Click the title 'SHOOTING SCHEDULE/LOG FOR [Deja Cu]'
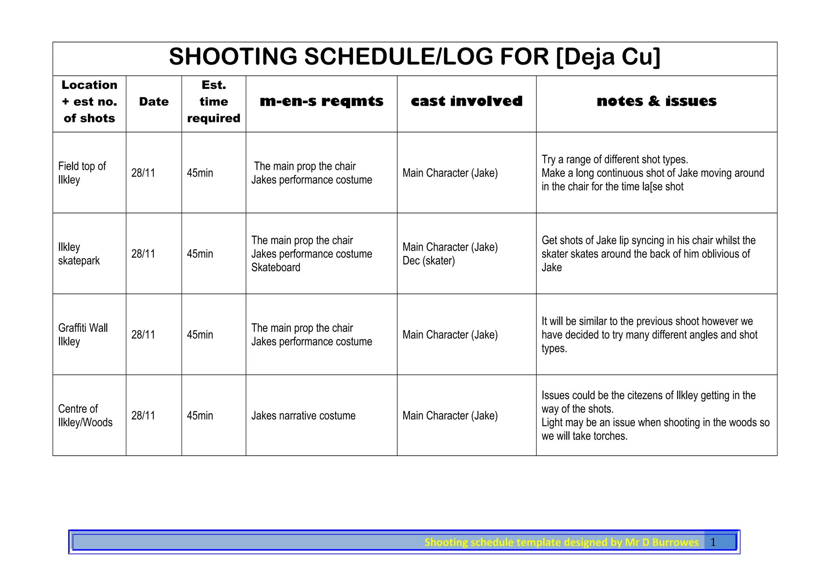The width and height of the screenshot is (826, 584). (414, 57)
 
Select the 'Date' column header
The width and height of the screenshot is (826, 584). (154, 102)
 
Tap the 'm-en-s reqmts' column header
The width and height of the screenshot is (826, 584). (321, 101)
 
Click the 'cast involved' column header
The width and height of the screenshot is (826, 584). (467, 101)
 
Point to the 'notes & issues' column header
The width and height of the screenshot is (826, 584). (657, 101)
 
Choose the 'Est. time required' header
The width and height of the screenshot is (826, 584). (214, 102)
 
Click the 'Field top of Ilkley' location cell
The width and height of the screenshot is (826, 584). (82, 173)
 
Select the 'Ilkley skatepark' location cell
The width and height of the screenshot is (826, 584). (79, 254)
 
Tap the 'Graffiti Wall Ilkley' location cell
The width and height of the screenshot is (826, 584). (83, 335)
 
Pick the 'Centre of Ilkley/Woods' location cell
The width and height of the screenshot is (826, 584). (85, 416)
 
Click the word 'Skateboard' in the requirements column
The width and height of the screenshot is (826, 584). (276, 268)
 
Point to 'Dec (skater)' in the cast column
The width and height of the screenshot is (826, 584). (429, 261)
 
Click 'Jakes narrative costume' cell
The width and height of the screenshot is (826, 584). (303, 416)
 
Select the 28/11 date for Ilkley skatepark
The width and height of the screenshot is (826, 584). (143, 254)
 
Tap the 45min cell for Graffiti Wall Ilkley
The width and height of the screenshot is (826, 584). (200, 335)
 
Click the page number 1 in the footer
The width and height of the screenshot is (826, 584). (713, 542)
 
